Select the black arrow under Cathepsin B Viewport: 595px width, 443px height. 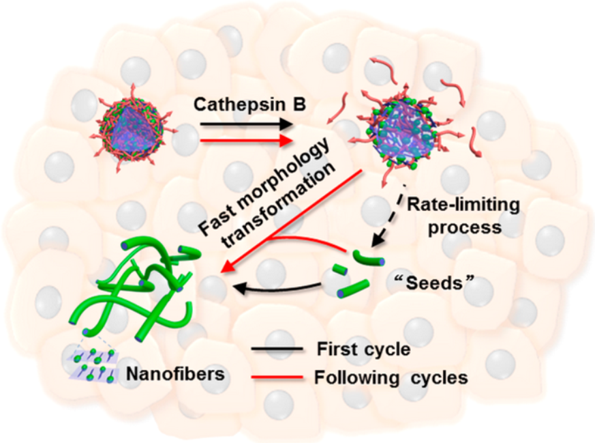[x=241, y=125]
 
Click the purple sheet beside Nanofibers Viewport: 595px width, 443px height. [x=96, y=362]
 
